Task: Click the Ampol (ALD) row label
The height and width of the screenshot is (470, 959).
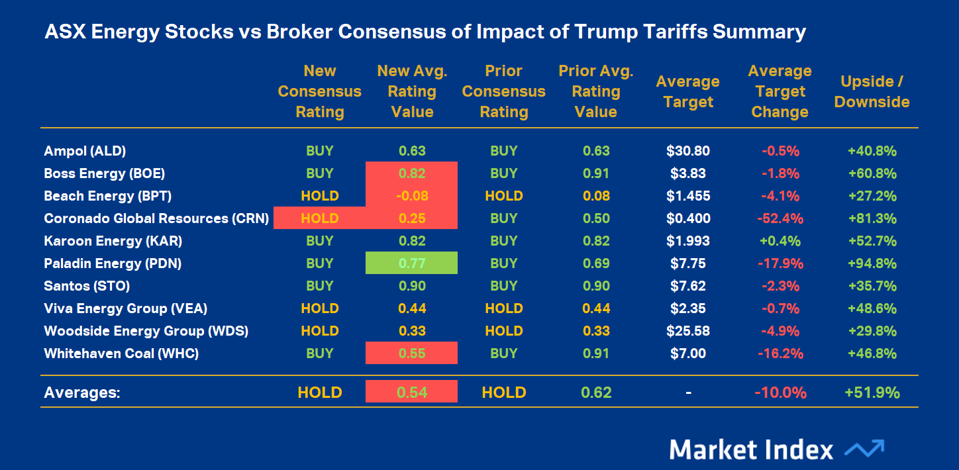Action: [x=85, y=151]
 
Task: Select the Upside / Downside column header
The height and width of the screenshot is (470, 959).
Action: [x=872, y=92]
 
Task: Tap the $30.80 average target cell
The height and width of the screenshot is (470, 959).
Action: [x=688, y=151]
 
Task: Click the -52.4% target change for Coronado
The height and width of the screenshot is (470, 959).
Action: [x=780, y=218]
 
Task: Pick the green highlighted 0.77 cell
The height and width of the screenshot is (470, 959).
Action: [x=411, y=263]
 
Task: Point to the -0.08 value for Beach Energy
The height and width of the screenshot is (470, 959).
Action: [x=411, y=196]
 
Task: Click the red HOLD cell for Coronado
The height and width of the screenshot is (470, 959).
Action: [x=319, y=218]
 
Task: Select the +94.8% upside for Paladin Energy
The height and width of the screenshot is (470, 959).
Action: [x=872, y=263]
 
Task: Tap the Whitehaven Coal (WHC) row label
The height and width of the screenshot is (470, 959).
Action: [x=121, y=353]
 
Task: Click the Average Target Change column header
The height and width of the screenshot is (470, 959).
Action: [x=780, y=92]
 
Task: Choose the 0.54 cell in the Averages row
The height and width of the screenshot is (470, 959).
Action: [x=411, y=392]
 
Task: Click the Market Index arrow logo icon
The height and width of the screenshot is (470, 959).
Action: [x=864, y=449]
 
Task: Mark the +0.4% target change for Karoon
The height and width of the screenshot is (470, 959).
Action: [x=780, y=241]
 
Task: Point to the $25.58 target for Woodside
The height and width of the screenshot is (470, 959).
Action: [x=688, y=331]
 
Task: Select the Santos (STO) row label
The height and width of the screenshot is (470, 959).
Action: [x=87, y=286]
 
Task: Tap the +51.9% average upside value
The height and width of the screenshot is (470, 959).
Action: [x=872, y=392]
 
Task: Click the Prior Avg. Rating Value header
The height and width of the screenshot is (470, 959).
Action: [x=595, y=92]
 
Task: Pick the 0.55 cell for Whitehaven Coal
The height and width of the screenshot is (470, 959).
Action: [x=411, y=353]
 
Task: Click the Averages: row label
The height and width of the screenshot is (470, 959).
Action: [x=82, y=392]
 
